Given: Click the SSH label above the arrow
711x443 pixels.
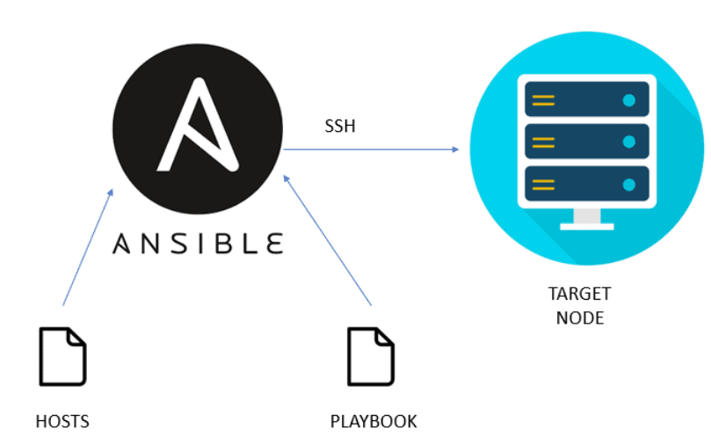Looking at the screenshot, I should pos(339,127).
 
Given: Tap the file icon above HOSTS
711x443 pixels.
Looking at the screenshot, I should pos(62,356).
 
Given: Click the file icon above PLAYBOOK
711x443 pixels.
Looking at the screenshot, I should pos(371,356).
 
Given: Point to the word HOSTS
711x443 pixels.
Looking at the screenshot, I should pos(62,420).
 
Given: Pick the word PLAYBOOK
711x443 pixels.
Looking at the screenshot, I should pos(374,420).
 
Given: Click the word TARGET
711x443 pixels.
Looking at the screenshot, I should pos(579,294).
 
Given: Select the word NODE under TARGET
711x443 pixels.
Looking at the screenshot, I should pos(579,317).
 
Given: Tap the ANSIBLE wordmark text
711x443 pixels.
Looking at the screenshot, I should pos(198,242).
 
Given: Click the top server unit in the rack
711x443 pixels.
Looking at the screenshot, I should pos(586,99).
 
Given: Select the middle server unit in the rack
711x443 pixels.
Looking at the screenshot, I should pos(586,141).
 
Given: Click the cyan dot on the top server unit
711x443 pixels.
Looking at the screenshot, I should pos(628,99).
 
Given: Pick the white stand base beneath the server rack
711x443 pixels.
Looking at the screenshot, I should pos(586,225).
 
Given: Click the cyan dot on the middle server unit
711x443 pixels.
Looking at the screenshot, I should pos(628,142).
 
